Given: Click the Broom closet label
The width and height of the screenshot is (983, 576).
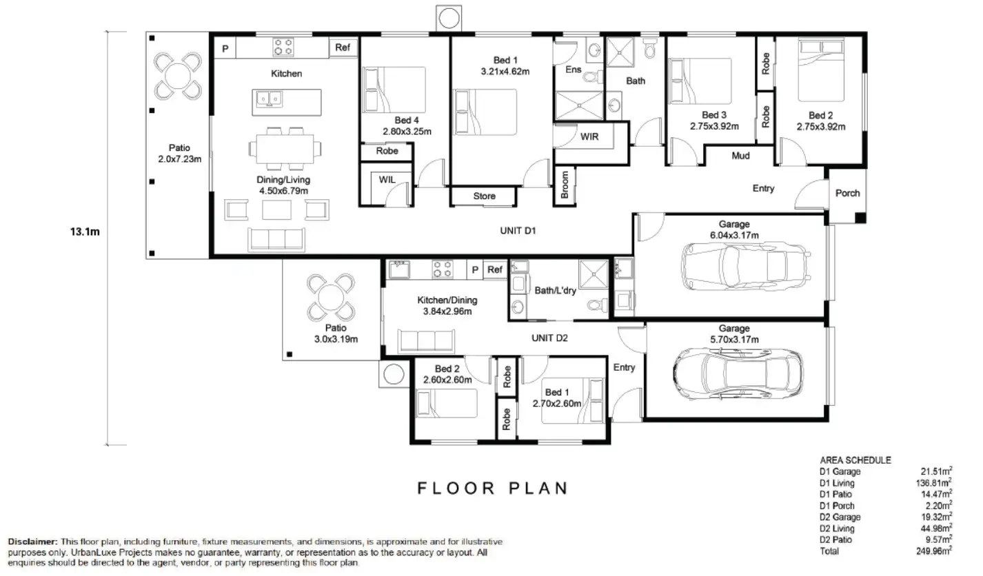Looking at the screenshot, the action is click(x=565, y=185).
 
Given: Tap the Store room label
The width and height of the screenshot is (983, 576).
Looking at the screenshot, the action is click(x=484, y=196).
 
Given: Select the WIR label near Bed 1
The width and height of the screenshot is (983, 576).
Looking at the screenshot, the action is click(x=589, y=137).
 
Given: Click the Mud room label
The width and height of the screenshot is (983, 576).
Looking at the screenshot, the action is click(x=740, y=156).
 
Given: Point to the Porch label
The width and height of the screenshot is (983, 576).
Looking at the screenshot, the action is click(x=847, y=193).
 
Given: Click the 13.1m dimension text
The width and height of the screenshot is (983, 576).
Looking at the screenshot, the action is click(x=85, y=232).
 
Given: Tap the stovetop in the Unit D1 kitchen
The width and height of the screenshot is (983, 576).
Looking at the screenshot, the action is click(x=283, y=47).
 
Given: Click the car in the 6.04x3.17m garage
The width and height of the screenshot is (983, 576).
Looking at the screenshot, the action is click(x=746, y=266).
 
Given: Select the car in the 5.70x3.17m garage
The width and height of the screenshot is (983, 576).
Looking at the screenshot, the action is click(x=738, y=373).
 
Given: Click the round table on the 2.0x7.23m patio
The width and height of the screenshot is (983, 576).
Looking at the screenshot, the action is click(x=178, y=76).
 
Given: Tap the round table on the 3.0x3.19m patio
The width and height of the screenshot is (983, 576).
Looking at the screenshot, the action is click(x=330, y=298).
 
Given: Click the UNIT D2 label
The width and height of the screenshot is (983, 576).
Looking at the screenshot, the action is click(x=549, y=338).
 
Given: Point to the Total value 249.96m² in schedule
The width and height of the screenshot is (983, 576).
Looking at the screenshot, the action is click(x=934, y=551).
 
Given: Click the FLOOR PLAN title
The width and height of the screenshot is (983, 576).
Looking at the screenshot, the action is click(x=493, y=488).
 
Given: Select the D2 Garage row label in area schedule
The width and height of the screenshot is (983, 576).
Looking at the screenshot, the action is click(x=840, y=517).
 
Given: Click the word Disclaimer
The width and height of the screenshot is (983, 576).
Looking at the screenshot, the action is click(x=32, y=542).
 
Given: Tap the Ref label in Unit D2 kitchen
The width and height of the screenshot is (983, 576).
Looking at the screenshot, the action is click(x=494, y=270).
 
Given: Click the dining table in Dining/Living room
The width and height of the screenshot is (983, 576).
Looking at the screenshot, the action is click(x=285, y=149).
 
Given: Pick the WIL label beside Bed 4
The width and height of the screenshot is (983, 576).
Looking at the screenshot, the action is click(x=387, y=180).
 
